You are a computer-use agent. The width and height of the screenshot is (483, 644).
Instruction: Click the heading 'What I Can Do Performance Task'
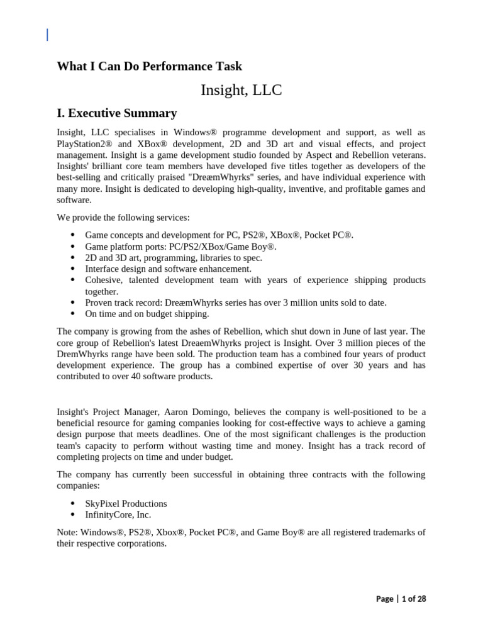pos(149,66)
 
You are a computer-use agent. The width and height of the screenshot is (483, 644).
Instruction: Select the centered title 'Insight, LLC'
pos(241,90)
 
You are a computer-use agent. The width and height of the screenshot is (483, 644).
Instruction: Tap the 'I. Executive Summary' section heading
pos(116,113)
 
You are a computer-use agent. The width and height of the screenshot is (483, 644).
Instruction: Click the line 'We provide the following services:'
pos(123,218)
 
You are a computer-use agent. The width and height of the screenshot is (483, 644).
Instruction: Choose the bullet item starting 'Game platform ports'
pos(180,247)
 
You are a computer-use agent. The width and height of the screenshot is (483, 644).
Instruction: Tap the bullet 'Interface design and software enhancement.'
pos(168,269)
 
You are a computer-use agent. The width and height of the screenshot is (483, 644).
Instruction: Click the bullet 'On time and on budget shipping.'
pos(147,314)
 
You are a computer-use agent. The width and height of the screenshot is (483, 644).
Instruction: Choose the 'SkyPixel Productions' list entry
pos(126,504)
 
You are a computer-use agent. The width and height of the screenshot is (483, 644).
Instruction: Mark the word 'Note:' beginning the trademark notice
pos(67,532)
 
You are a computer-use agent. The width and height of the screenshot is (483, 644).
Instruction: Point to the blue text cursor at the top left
pos(47,35)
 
